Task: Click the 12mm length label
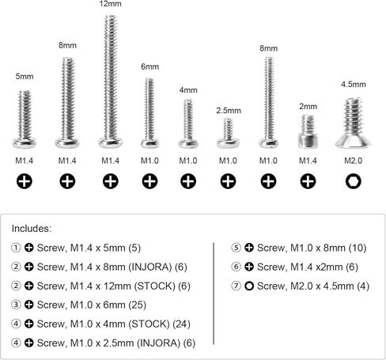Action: (110, 4)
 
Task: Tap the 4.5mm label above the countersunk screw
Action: (354, 85)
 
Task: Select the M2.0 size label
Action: (353, 161)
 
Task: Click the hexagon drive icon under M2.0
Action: (353, 181)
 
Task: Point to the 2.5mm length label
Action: (229, 111)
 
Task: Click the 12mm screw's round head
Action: (110, 142)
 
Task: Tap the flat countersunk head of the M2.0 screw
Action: (353, 142)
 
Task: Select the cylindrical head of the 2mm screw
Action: (308, 141)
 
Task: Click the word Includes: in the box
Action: (32, 229)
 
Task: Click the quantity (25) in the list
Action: (138, 305)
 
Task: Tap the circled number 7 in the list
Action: (236, 286)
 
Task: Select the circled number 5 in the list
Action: (236, 248)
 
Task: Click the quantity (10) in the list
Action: (358, 248)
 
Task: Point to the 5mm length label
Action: (25, 77)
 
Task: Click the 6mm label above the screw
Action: (149, 66)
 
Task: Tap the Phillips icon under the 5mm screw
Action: (25, 181)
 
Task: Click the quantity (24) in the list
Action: (182, 324)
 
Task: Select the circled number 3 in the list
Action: (16, 305)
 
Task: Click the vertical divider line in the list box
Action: (214, 294)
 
